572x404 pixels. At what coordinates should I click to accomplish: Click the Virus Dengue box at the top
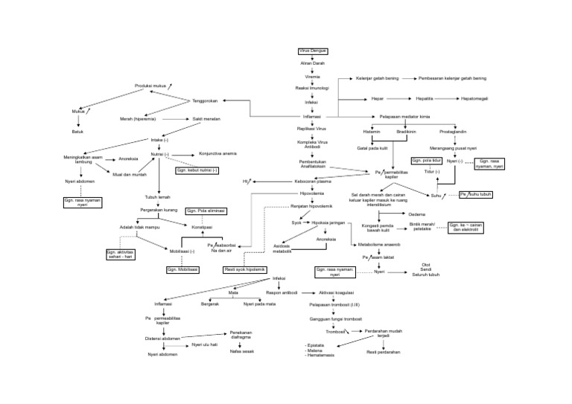pos(313,51)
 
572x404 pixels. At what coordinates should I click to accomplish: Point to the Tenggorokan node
pos(206,100)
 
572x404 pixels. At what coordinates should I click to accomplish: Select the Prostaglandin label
pos(454,131)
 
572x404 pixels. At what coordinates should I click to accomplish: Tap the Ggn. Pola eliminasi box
pos(206,211)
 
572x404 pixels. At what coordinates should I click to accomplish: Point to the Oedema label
pos(418,214)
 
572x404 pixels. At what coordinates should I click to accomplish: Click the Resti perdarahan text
pos(384,352)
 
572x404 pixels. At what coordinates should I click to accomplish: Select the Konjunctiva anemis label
pos(218,153)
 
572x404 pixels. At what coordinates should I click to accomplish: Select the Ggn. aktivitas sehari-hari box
pos(121,254)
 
